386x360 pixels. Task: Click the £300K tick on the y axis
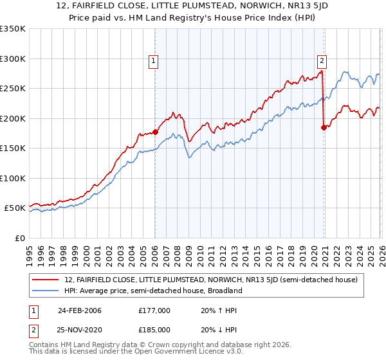pyautogui.click(x=13, y=59)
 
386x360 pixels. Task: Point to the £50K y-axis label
pyautogui.click(x=15, y=208)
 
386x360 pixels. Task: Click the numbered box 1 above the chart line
pyautogui.click(x=154, y=62)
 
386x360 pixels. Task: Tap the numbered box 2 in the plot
pyautogui.click(x=322, y=62)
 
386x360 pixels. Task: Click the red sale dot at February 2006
pyautogui.click(x=155, y=132)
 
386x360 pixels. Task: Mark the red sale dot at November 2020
pyautogui.click(x=323, y=127)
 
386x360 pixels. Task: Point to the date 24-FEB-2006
pyautogui.click(x=79, y=310)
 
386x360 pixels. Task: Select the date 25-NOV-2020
pyautogui.click(x=79, y=329)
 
